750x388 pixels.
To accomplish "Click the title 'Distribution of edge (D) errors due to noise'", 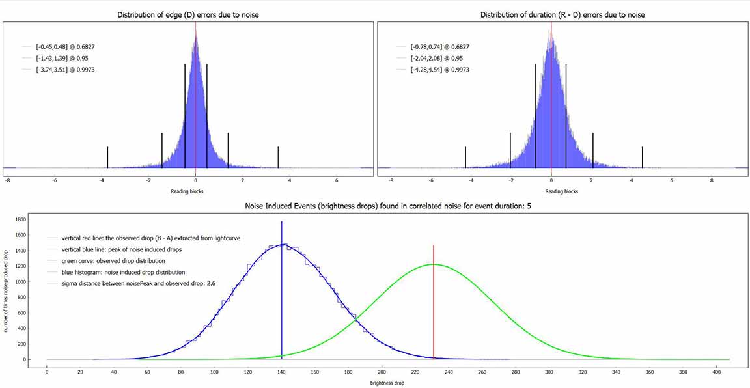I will point(188,14).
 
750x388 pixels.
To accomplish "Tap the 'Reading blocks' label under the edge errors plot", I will point(188,191).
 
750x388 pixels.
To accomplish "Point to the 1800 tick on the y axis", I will point(19,221).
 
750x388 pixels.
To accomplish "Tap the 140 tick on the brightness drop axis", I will point(281,372).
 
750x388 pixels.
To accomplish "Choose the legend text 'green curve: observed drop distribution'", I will point(115,261).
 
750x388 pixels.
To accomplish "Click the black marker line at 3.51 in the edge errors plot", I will point(278,157).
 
